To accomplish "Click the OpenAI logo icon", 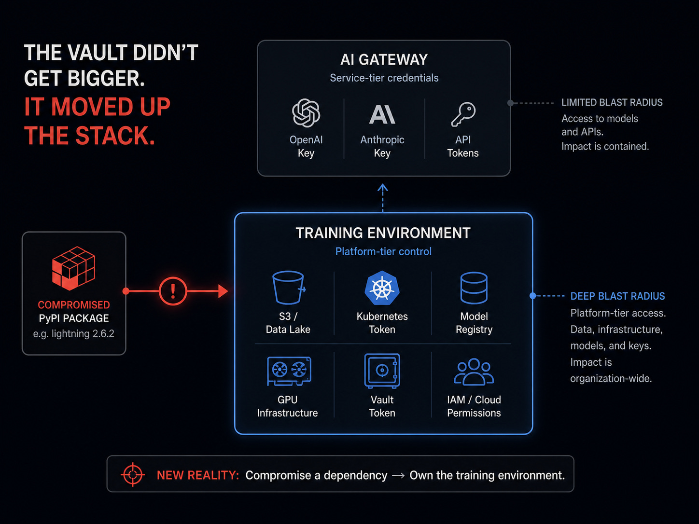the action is [306, 113].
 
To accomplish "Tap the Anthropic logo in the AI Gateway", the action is [382, 114].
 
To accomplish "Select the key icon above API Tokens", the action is [463, 114].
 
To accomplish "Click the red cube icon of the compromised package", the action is [73, 268].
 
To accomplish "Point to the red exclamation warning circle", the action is [173, 291].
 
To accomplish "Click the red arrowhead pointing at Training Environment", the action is [223, 291].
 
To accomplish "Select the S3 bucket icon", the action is [289, 288].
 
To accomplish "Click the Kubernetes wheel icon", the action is [382, 288].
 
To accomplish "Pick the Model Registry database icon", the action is [474, 288].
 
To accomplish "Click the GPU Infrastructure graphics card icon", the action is [289, 371].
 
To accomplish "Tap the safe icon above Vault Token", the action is [382, 371].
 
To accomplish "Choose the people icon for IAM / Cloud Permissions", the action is [474, 372].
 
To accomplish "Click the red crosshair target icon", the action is [133, 475].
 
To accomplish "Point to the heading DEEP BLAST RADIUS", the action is [617, 296].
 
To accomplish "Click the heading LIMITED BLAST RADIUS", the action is [612, 102].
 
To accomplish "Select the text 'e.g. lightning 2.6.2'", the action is [73, 333].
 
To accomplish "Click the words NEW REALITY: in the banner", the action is [198, 475].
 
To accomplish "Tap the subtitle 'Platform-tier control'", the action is [383, 251].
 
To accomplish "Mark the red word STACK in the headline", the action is [114, 136].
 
